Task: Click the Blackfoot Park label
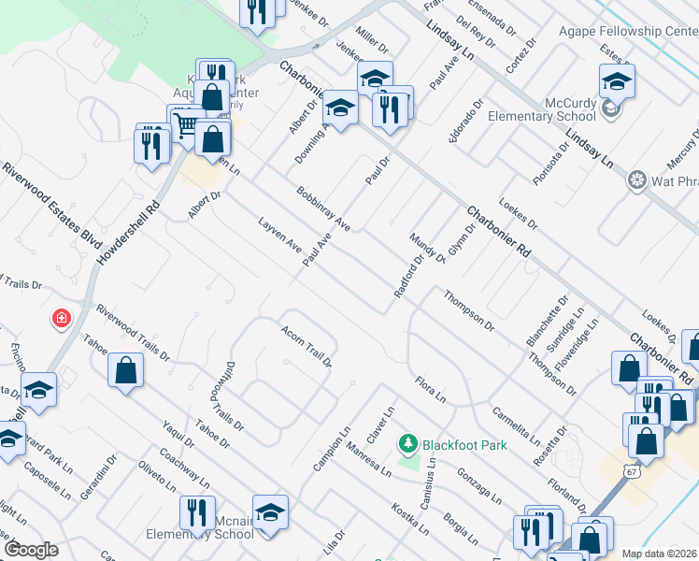464,445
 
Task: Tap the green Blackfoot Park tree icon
407,441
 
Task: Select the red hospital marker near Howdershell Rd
62,319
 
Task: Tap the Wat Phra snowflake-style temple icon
637,179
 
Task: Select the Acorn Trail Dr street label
307,345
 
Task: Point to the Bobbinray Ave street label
322,209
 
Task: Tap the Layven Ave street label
279,236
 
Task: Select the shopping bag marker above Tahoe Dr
125,370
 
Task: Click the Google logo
31,550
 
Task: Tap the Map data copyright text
660,554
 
